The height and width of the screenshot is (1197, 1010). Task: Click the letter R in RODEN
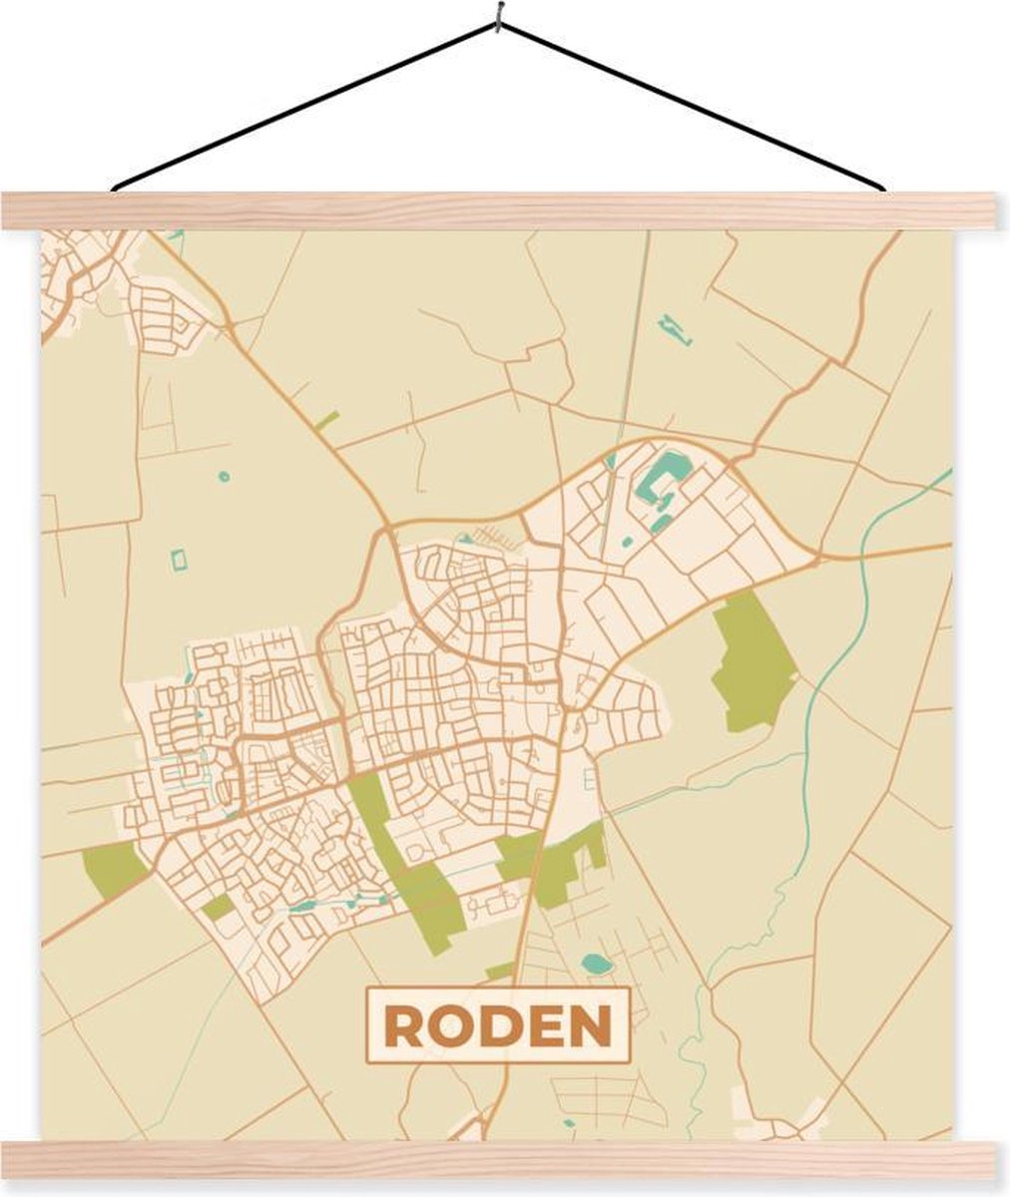(x=403, y=1025)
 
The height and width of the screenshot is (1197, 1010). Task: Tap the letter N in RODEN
(x=591, y=1025)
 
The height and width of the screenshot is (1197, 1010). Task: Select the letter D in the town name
(x=497, y=1025)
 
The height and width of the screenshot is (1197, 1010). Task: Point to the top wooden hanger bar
(x=505, y=210)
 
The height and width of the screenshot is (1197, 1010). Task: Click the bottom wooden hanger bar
(x=505, y=1160)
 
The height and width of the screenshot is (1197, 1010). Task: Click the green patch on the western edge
(x=114, y=866)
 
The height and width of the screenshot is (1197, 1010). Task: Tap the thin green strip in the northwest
(x=326, y=420)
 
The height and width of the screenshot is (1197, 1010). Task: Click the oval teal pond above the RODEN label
(x=596, y=964)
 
